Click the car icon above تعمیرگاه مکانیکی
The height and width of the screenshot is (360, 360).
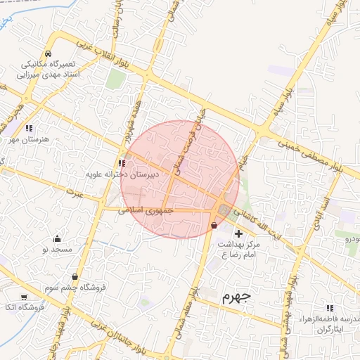pyautogui.click(x=47, y=54)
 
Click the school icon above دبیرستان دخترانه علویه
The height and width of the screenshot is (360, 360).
pyautogui.click(x=122, y=163)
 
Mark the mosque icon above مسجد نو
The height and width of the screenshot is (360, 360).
pyautogui.click(x=57, y=238)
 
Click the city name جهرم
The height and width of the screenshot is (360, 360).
pyautogui.click(x=236, y=297)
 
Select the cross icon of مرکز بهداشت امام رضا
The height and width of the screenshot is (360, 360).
pyautogui.click(x=238, y=233)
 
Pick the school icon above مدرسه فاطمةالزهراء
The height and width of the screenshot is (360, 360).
pyautogui.click(x=330, y=307)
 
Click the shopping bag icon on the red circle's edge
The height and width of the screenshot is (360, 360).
pyautogui.click(x=214, y=226)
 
